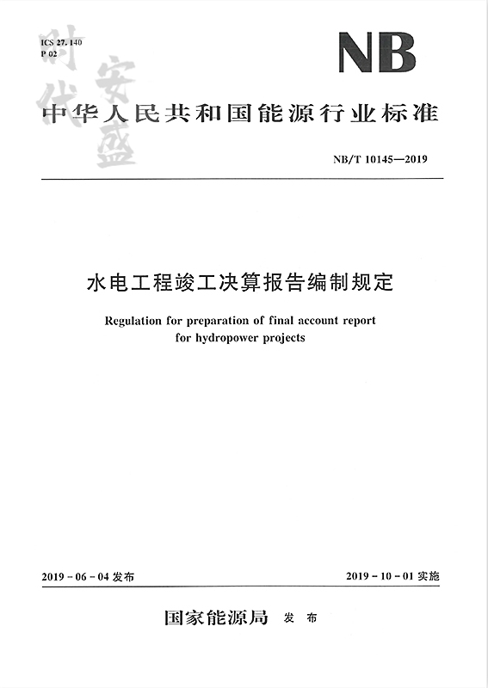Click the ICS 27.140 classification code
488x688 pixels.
59,42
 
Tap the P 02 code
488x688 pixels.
49,53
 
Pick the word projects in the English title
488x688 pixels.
282,338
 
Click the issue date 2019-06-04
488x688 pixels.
75,575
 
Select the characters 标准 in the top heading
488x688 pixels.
414,114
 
